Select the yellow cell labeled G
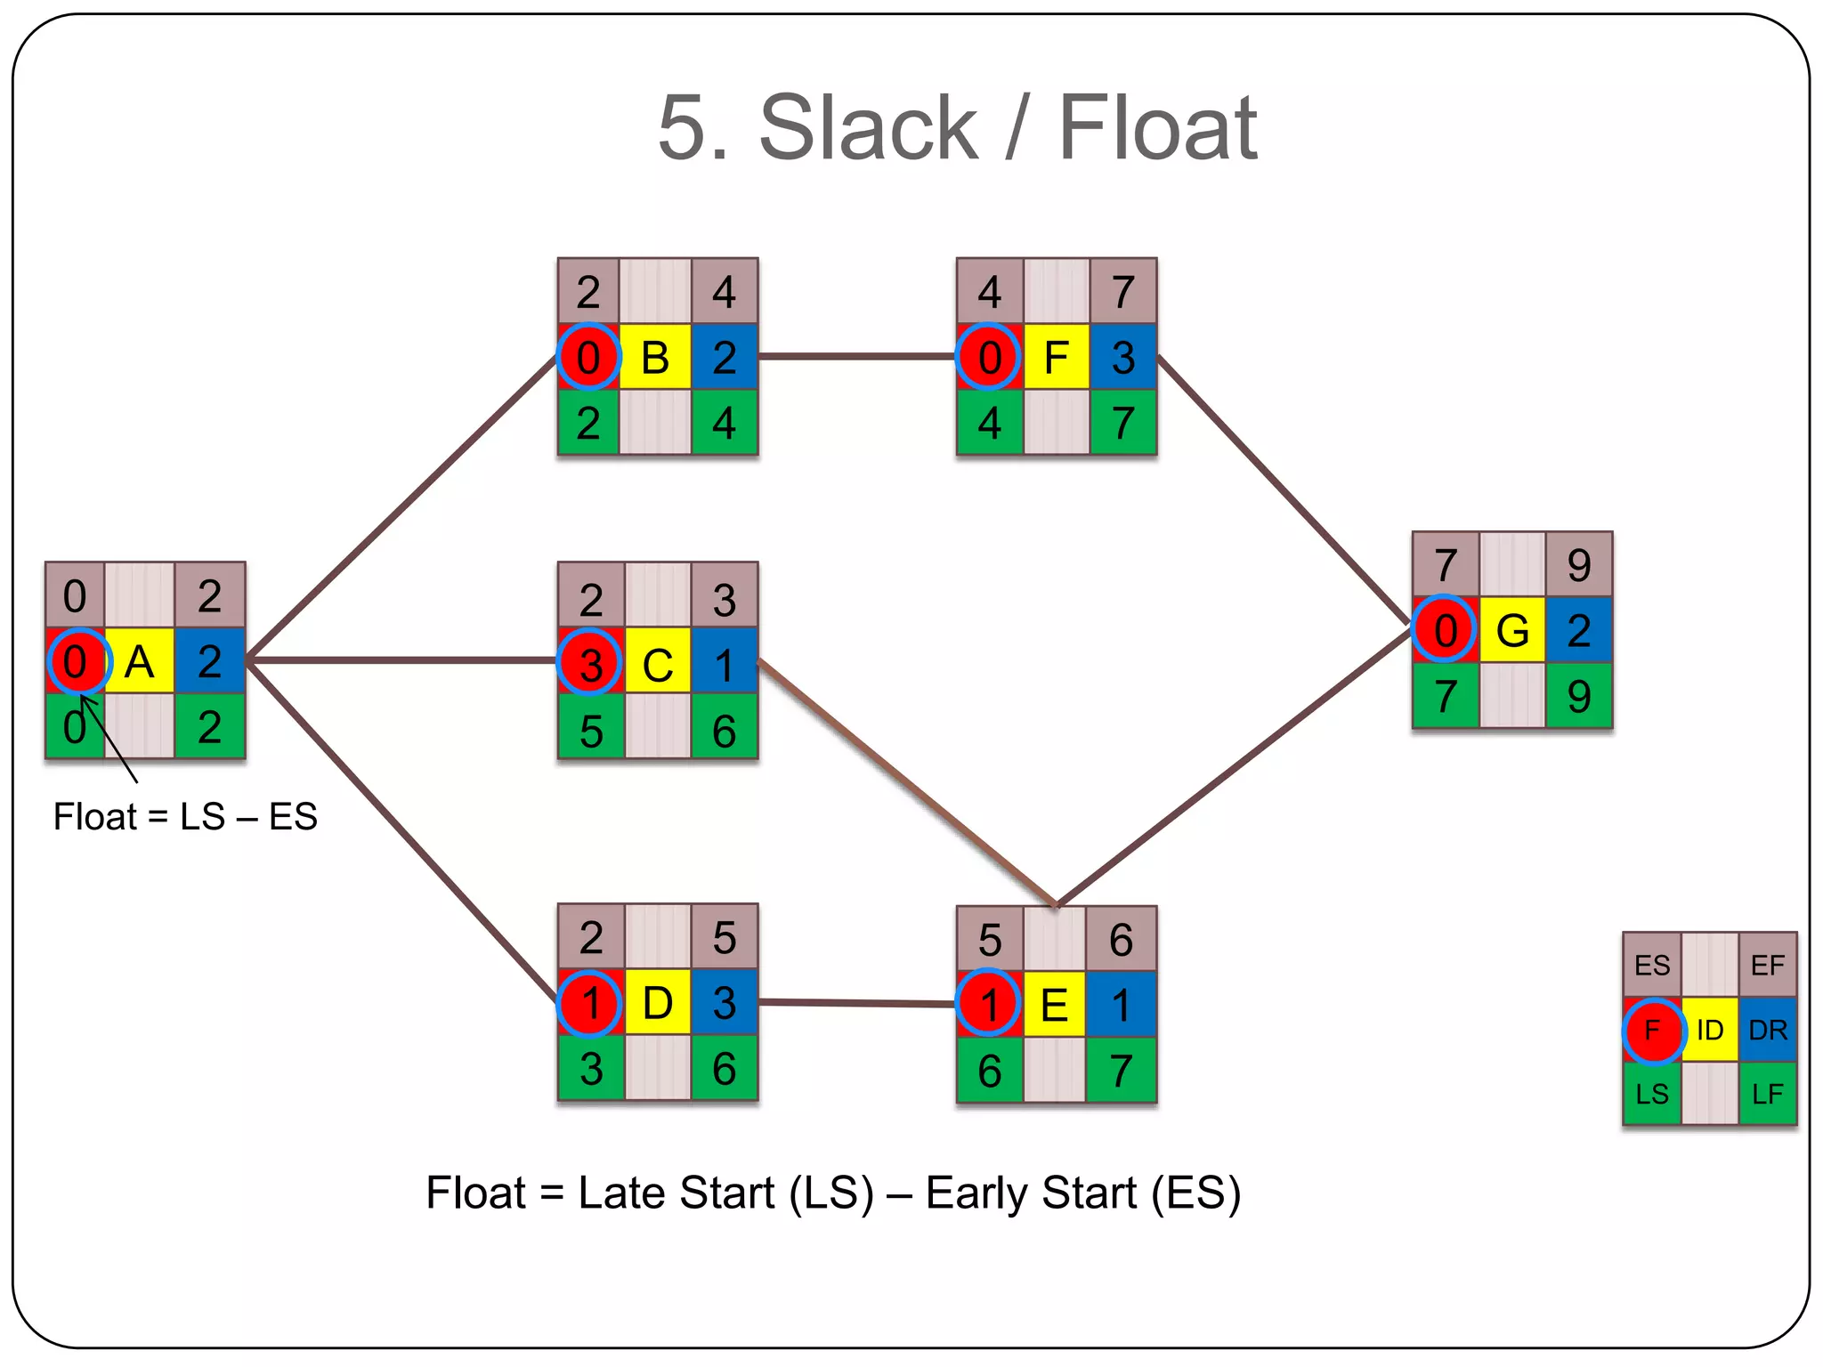click(1512, 630)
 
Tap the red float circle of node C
click(589, 662)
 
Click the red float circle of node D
click(589, 1003)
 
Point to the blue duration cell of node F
click(1123, 358)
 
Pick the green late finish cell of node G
click(1578, 696)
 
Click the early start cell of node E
click(990, 940)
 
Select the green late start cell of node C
click(591, 730)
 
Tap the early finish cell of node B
click(724, 292)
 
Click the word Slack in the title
click(868, 128)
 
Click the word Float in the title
click(1157, 128)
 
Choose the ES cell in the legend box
click(1652, 966)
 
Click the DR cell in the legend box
click(1768, 1030)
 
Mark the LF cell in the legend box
click(1768, 1094)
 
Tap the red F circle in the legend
click(1653, 1031)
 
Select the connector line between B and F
click(856, 357)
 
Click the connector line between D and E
click(856, 1003)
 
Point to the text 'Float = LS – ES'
click(185, 817)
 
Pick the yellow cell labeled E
click(1055, 1006)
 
